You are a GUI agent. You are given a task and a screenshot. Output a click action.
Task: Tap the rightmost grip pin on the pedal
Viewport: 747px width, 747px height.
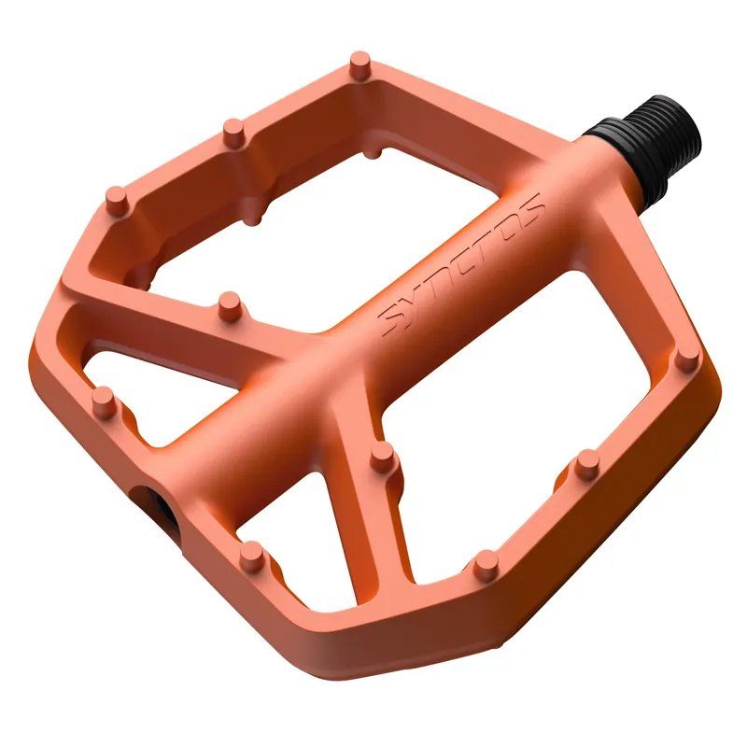pyautogui.click(x=686, y=352)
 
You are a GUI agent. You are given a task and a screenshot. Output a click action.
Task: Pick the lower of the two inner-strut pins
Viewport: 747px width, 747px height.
pyautogui.click(x=381, y=454)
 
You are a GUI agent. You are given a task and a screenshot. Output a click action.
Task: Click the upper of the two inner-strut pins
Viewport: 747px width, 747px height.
pyautogui.click(x=227, y=302)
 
